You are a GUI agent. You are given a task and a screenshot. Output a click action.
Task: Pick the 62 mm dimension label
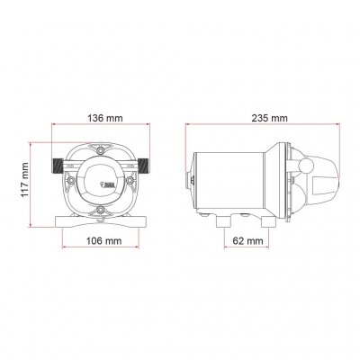pos(248,240)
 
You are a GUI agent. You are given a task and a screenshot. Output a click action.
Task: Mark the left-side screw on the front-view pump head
pos(70,180)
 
